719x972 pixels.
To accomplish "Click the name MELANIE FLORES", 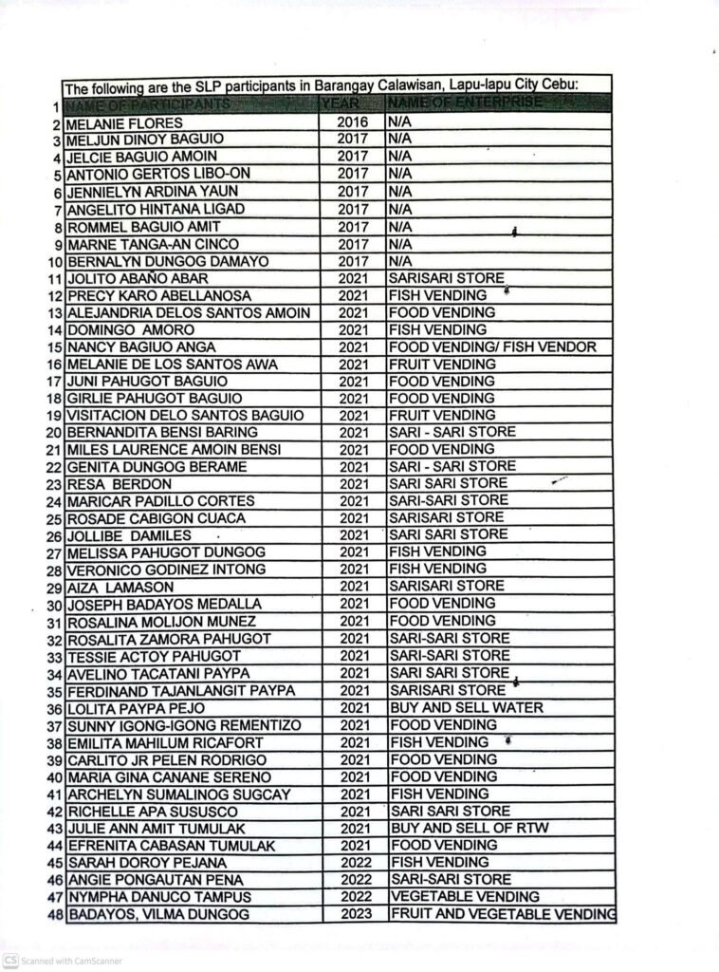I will (x=124, y=123).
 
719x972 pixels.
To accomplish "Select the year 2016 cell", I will (x=352, y=122).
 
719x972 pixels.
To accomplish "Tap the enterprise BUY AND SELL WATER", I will (x=465, y=708).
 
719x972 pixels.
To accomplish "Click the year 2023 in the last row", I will (x=353, y=914).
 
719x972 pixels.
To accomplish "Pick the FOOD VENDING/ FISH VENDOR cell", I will (x=491, y=347).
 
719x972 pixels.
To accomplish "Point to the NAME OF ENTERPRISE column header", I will (x=465, y=102).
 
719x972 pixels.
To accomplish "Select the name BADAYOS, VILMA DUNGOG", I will (x=158, y=915).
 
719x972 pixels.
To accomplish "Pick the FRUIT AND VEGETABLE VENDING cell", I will (x=502, y=914).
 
